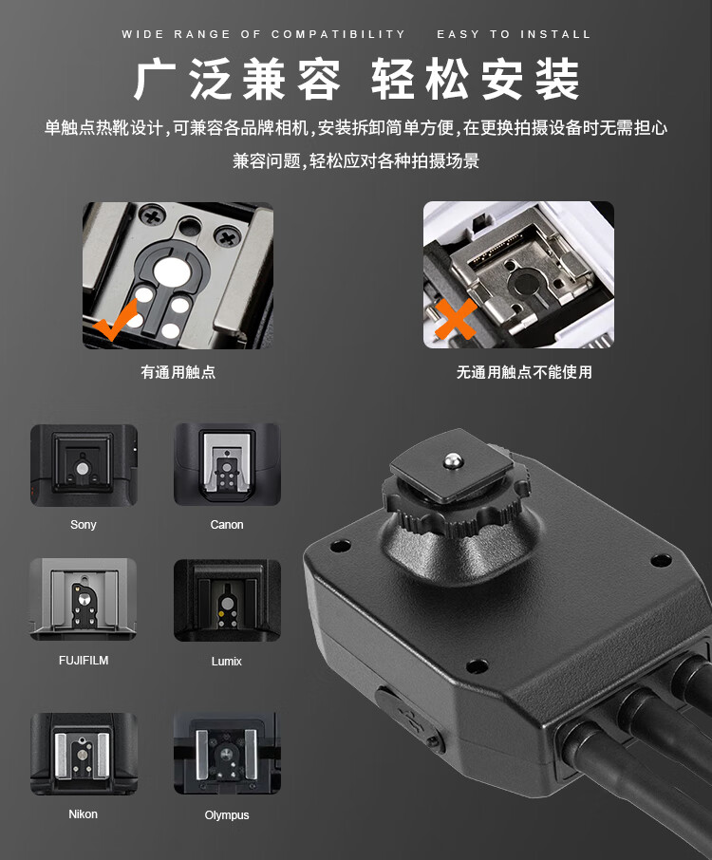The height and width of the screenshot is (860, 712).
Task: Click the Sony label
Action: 84,524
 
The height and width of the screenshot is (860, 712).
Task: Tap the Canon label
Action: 227,524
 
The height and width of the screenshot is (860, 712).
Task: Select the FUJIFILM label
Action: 84,661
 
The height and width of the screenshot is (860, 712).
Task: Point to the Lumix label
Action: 227,661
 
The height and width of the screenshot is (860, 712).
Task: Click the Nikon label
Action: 83,813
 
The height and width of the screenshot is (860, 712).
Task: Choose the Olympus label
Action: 227,815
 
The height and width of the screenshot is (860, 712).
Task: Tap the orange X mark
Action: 456,319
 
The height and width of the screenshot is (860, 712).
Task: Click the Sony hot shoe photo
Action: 84,465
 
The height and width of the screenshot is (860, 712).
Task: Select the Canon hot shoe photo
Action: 227,464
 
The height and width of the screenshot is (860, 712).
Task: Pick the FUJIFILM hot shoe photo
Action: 83,600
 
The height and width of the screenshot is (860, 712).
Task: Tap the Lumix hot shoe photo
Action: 227,601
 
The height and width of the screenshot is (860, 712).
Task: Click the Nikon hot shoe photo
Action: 84,754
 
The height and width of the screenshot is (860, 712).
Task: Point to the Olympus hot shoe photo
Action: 227,753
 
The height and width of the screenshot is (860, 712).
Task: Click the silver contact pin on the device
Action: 452,460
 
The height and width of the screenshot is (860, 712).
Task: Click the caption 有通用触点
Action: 178,372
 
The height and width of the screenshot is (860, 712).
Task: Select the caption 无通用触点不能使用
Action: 524,372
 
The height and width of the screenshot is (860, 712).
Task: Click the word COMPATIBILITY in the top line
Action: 338,34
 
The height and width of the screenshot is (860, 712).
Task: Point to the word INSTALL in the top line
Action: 555,34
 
